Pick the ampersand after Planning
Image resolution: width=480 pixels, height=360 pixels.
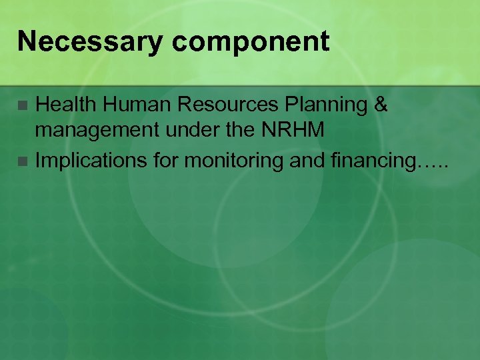click(x=380, y=105)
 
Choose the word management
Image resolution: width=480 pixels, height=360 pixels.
click(x=91, y=131)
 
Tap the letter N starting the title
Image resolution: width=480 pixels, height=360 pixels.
click(x=25, y=42)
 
